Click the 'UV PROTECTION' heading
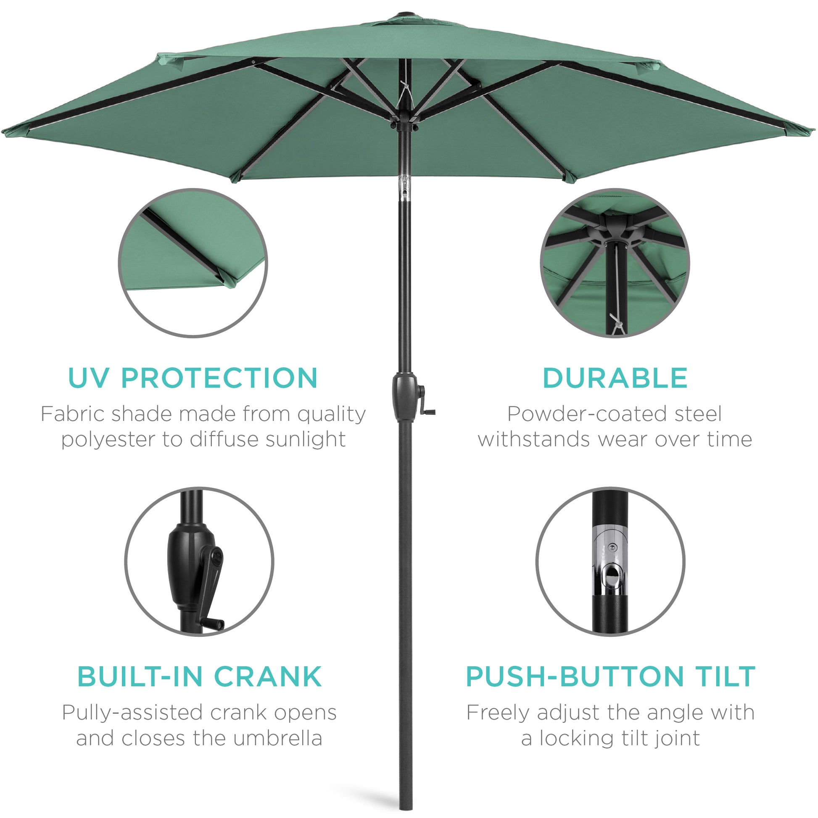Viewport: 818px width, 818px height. (x=193, y=378)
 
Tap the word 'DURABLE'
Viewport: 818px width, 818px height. (x=615, y=378)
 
